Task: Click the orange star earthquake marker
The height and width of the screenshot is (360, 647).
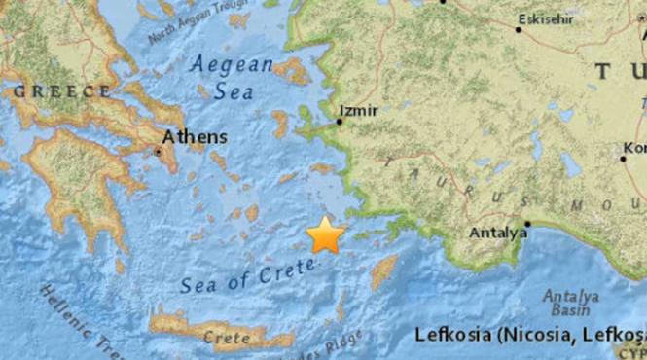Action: (x=326, y=235)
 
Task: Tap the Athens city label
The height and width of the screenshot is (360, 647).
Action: (x=195, y=137)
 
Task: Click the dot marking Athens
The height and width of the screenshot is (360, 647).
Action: (x=159, y=151)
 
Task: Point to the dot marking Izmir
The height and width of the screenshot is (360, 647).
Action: (x=340, y=122)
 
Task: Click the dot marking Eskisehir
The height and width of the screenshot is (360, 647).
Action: (x=518, y=29)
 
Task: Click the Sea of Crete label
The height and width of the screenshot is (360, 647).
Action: (x=237, y=279)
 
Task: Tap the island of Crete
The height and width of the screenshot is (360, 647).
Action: (x=195, y=325)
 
